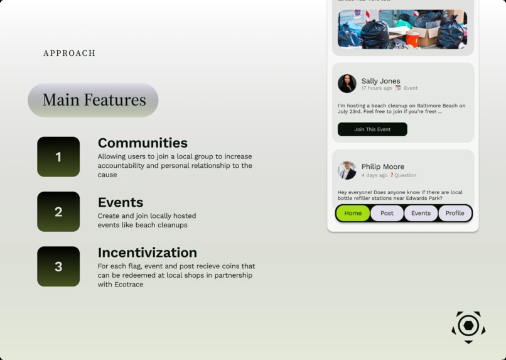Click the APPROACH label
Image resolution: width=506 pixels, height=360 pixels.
[x=69, y=53]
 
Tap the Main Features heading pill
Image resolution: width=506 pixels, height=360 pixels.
[x=93, y=100]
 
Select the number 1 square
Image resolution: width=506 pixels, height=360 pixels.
[x=58, y=157]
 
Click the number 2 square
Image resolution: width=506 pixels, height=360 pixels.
[x=58, y=212]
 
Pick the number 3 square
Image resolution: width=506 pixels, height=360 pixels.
[x=58, y=266]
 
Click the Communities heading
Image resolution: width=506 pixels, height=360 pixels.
[x=143, y=143]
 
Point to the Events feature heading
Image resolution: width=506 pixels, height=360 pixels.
[x=121, y=202]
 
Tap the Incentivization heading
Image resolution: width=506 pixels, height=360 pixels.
[x=147, y=253]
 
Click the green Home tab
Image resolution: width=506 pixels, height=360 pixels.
[x=353, y=213]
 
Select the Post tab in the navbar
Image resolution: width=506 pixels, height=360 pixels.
[x=387, y=213]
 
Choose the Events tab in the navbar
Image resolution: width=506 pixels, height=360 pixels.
[x=421, y=213]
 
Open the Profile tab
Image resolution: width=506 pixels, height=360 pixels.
[x=455, y=213]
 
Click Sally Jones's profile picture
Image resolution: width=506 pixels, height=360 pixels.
[x=347, y=84]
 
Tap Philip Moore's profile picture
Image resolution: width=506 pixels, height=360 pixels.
[x=347, y=170]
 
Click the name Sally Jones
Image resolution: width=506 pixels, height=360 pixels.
[x=380, y=80]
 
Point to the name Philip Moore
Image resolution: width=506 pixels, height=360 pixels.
[x=383, y=166]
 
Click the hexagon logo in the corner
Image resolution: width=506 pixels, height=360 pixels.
[x=468, y=326]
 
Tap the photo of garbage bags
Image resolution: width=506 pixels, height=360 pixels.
[x=402, y=29]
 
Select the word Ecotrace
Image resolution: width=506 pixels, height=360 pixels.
[x=129, y=285]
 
